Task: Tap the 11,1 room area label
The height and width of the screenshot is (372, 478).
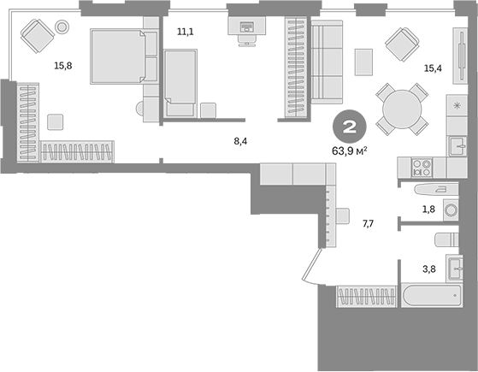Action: pyautogui.click(x=186, y=32)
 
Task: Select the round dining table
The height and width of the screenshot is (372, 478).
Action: pyautogui.click(x=401, y=108)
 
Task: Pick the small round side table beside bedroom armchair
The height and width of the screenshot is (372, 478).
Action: pyautogui.click(x=62, y=27)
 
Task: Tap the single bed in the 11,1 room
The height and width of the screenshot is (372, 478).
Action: pyautogui.click(x=180, y=81)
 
